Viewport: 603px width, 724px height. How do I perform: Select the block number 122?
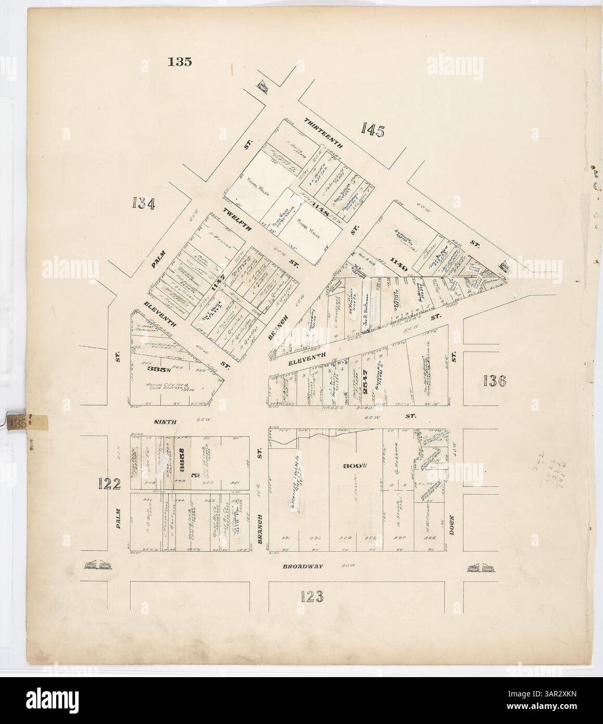pyautogui.click(x=109, y=483)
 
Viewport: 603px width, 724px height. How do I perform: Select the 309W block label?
pyautogui.click(x=352, y=466)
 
